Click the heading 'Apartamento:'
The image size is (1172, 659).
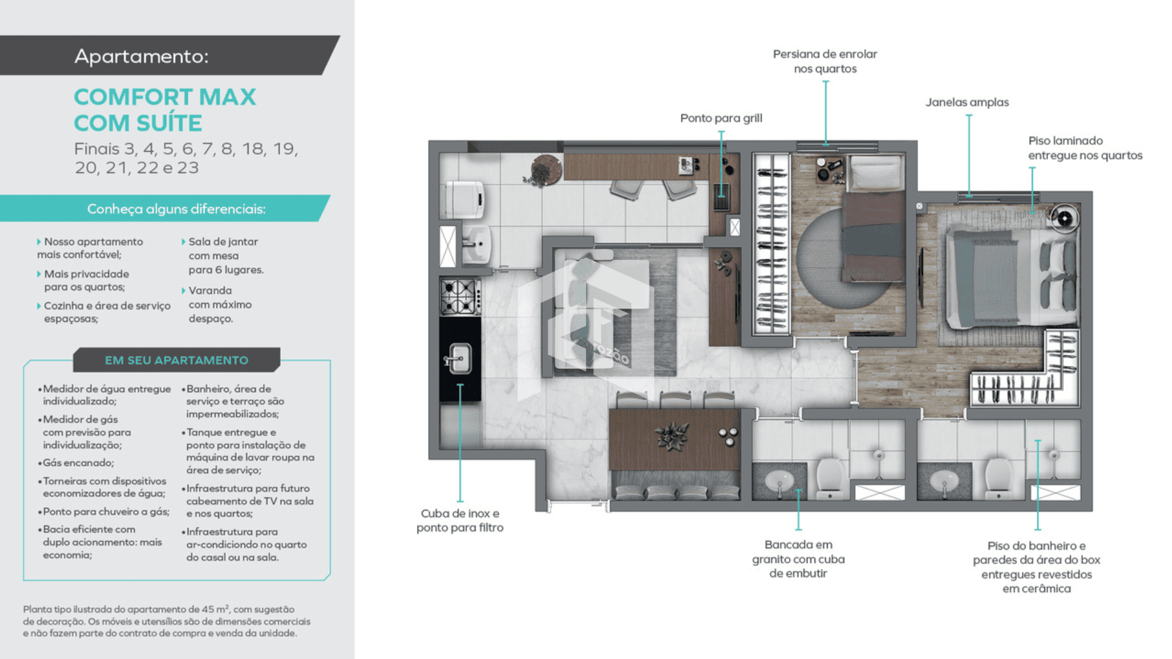coord(142,56)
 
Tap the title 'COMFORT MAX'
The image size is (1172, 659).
coord(165,97)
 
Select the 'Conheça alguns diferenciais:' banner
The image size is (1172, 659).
coord(176,209)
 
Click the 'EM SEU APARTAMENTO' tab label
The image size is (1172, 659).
coord(176,360)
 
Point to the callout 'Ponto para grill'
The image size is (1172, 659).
coord(721,118)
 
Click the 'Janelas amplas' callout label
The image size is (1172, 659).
coord(967,102)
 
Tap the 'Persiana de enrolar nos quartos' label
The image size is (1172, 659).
coord(825,61)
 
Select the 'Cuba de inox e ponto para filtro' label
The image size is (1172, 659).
coord(460,520)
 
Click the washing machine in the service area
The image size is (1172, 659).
coord(464,200)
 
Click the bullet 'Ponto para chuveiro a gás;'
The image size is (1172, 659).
coord(104,511)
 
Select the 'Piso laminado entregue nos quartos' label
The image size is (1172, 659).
coord(1085,148)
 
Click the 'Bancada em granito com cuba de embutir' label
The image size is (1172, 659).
coord(798,559)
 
